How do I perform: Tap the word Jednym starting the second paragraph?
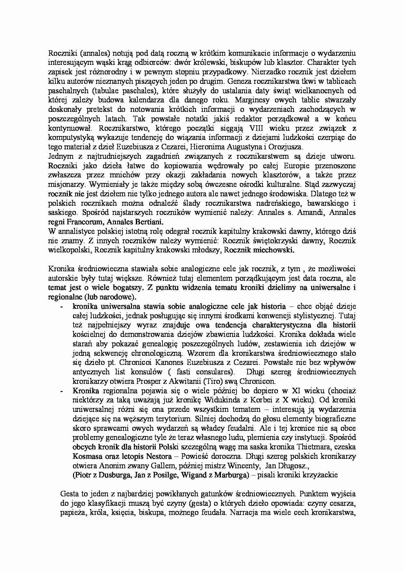pyautogui.click(x=59, y=156)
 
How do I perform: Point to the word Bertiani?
pyautogui.click(x=146, y=222)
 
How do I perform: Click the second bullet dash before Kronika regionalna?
pyautogui.click(x=62, y=391)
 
